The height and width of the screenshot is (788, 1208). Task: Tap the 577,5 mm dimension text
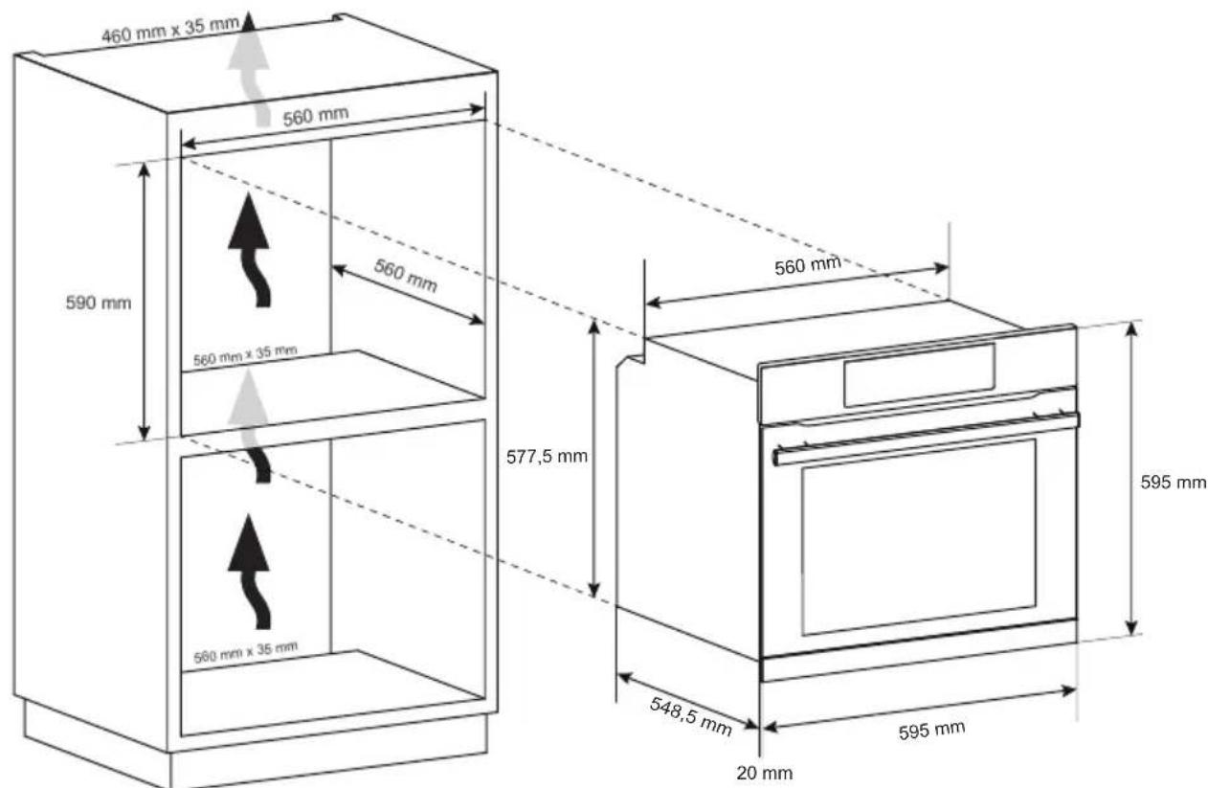(547, 457)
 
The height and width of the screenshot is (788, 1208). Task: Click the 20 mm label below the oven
(764, 771)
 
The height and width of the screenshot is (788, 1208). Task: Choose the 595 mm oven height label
(1173, 483)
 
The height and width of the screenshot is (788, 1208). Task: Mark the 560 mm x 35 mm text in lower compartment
(245, 652)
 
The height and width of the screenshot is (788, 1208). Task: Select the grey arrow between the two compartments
(251, 421)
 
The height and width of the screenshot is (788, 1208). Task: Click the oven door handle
(924, 437)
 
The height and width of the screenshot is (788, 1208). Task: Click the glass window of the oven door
(918, 535)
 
